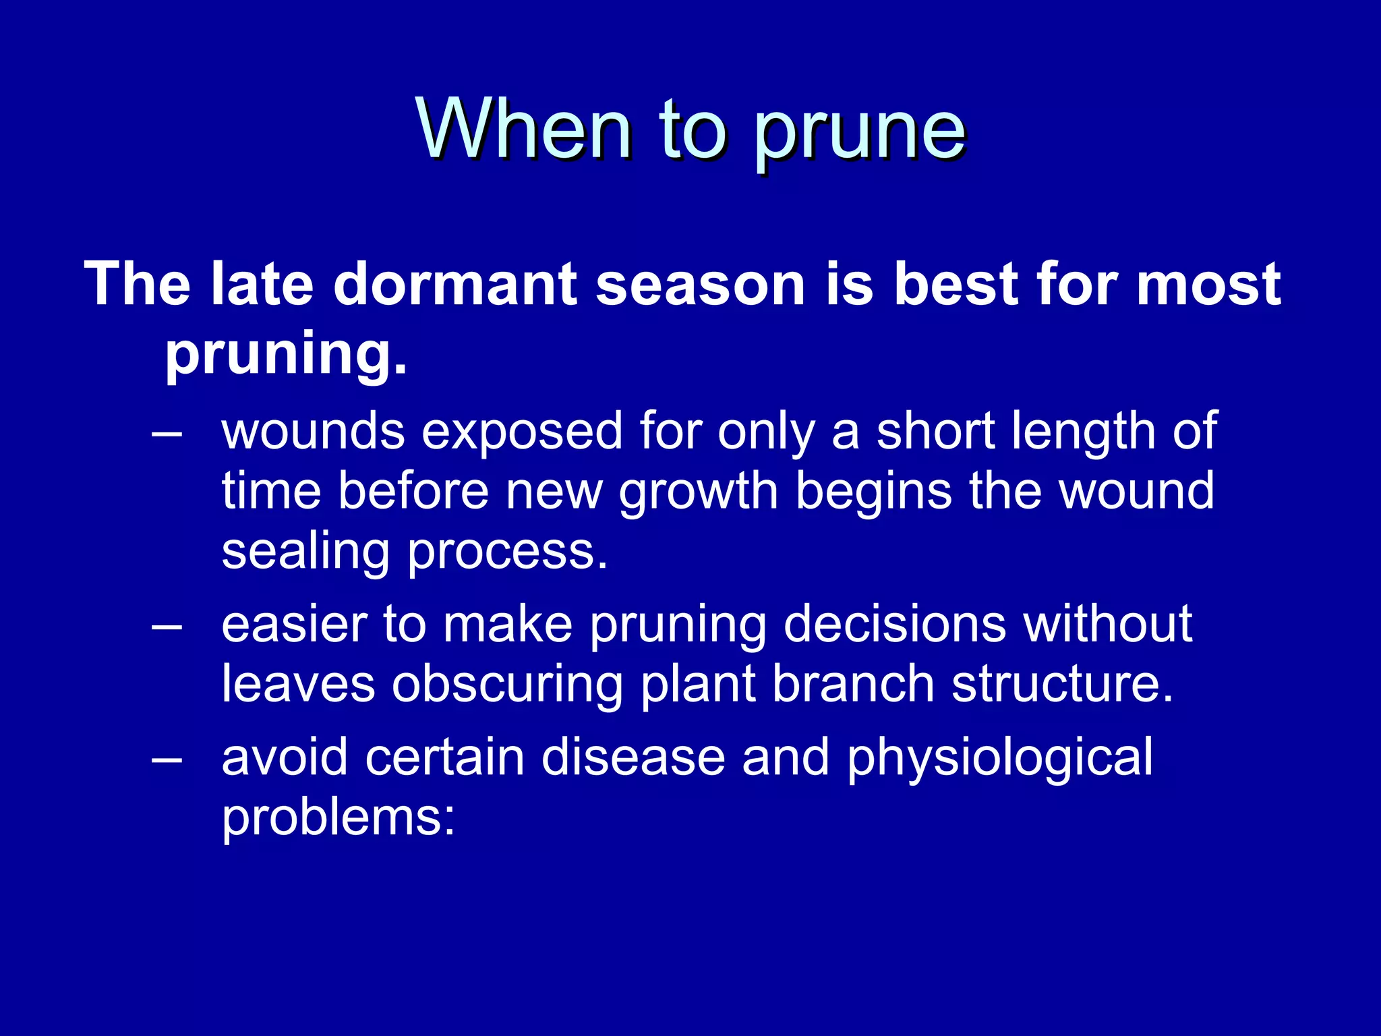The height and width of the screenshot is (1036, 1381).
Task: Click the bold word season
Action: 701,284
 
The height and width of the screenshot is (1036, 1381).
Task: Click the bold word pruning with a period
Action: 286,354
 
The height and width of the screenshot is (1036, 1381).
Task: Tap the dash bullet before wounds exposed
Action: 167,432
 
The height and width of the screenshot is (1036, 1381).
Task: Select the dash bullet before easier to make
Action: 167,626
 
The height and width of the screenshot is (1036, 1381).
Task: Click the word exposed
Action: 522,432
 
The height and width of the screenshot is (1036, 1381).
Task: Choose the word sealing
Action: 305,552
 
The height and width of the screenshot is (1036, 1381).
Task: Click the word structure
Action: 1062,684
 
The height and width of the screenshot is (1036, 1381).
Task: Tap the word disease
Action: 633,757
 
